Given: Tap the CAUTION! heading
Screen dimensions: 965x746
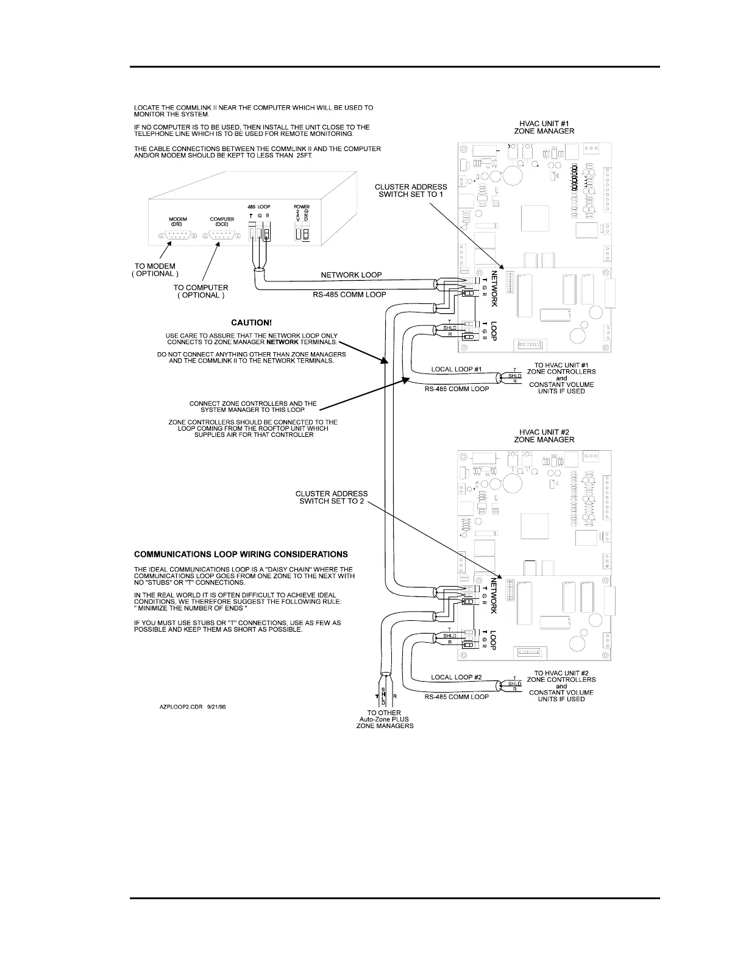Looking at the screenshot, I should coord(251,323).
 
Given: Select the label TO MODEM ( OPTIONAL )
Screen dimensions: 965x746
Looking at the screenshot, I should coord(155,270).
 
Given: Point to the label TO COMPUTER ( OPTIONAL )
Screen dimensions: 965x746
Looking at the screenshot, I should coord(201,291).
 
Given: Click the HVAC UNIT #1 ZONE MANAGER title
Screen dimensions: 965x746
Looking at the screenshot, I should coord(544,127).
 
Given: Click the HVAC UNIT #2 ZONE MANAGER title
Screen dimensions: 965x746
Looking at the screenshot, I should coord(544,435).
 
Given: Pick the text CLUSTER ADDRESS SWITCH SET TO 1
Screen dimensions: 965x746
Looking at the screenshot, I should coord(411,191).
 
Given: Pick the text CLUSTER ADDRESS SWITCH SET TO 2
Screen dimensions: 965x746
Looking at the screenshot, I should coord(332,497).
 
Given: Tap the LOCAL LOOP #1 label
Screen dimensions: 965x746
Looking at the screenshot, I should coord(456,369).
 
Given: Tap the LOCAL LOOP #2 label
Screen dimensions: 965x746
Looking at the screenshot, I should coord(456,677).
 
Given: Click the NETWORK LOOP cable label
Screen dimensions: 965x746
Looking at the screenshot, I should coord(351,275).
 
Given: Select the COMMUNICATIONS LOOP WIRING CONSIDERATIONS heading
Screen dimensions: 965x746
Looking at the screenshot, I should coord(241,554).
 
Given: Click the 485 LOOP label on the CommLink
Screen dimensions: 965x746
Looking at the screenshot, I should coord(259,207).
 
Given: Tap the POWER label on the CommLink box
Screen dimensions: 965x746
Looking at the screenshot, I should coord(302,207).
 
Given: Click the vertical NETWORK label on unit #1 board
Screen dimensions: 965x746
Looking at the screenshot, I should coord(495,289).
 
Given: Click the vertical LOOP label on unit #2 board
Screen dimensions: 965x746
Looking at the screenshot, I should coord(494,640).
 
